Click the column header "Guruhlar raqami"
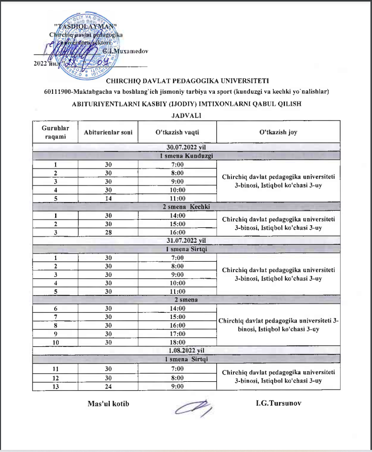click(x=55, y=131)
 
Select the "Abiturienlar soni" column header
click(x=108, y=132)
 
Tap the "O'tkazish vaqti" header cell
click(x=177, y=132)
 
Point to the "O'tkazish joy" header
click(x=278, y=132)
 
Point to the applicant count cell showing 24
click(x=108, y=386)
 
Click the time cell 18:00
click(x=177, y=342)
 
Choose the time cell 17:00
click(x=177, y=333)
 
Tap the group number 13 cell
click(x=55, y=386)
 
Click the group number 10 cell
click(x=55, y=342)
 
